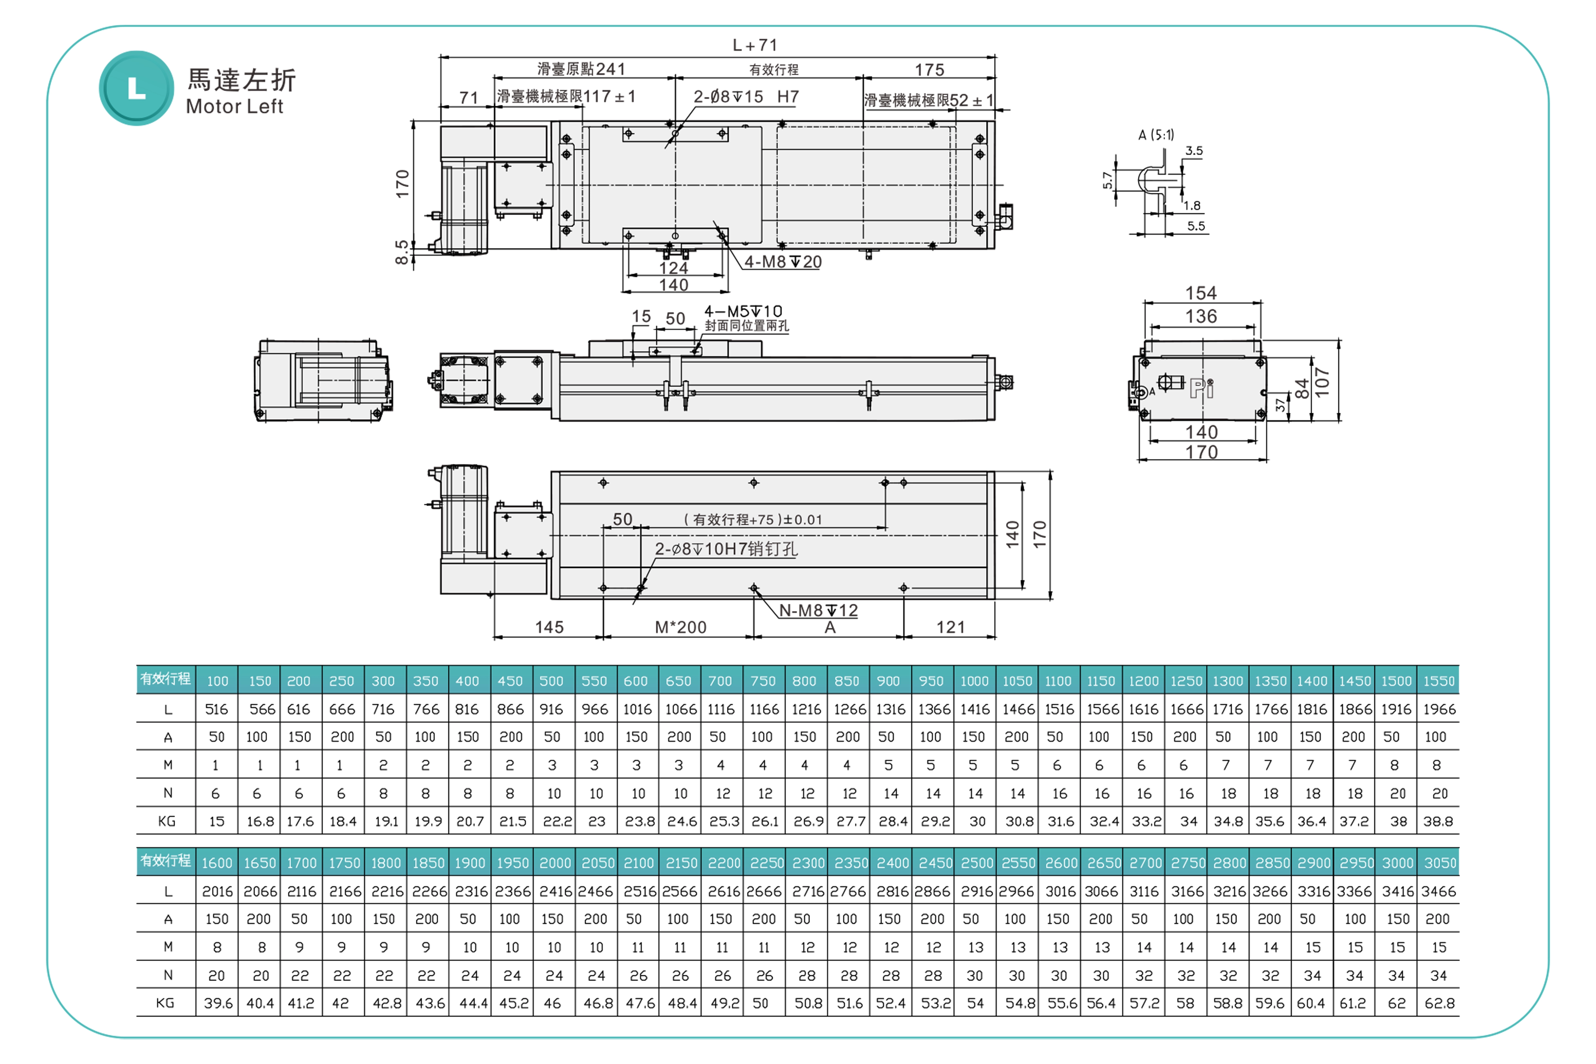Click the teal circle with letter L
tap(136, 88)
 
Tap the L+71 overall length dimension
tap(755, 45)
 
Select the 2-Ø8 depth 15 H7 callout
tap(745, 97)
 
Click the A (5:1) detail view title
tap(1155, 135)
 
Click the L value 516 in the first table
tap(217, 709)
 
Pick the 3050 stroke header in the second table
tap(1439, 863)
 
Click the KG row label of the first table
tap(166, 821)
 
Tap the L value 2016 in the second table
tap(217, 891)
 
